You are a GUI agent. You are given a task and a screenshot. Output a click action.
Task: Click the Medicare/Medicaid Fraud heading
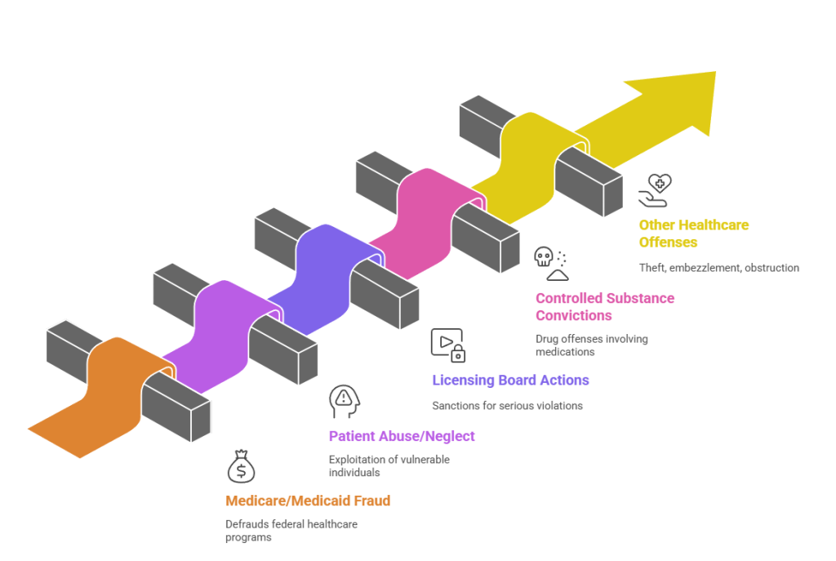308,501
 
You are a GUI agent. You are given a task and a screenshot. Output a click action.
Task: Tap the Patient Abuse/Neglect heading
402,436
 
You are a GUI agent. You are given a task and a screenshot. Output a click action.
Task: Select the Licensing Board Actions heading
510,380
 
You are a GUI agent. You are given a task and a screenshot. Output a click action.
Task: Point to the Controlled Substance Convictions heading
605,307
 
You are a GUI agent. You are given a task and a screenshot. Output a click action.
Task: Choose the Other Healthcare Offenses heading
693,234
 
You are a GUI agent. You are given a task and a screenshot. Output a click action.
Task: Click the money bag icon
241,467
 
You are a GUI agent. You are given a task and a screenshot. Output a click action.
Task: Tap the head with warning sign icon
343,401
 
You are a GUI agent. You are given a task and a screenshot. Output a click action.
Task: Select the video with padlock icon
447,344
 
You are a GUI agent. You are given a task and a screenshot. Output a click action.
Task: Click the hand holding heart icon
656,189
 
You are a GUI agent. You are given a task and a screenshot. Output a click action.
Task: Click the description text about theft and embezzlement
718,267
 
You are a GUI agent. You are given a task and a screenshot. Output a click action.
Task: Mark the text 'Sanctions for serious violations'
507,405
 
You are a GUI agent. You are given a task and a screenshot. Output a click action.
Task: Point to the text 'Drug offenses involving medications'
591,345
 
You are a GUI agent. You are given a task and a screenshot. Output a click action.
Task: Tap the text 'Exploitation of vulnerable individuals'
389,465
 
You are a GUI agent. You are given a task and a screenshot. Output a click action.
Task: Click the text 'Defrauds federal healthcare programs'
291,531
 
